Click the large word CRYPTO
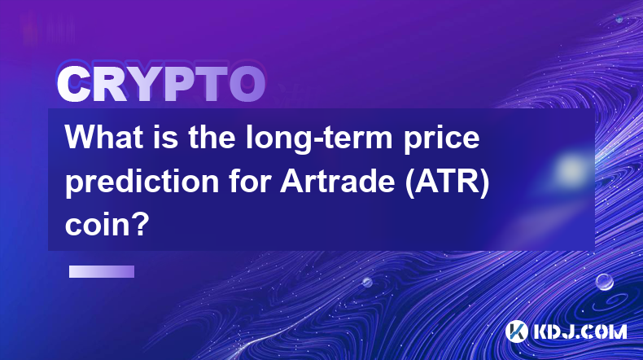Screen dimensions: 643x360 [161, 84]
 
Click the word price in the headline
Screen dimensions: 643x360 [442, 139]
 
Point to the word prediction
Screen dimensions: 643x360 [142, 182]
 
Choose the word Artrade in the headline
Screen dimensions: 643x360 [337, 181]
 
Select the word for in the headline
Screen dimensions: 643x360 [249, 181]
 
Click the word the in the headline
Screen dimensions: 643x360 [212, 137]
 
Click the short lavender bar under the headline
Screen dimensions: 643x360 [102, 272]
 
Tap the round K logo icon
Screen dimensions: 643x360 [517, 331]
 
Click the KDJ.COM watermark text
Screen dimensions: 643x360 [580, 331]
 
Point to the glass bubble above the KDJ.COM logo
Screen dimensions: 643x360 [605, 282]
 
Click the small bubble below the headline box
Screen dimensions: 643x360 [367, 282]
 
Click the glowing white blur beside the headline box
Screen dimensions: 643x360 [571, 169]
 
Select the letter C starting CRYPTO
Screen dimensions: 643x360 [73, 84]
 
